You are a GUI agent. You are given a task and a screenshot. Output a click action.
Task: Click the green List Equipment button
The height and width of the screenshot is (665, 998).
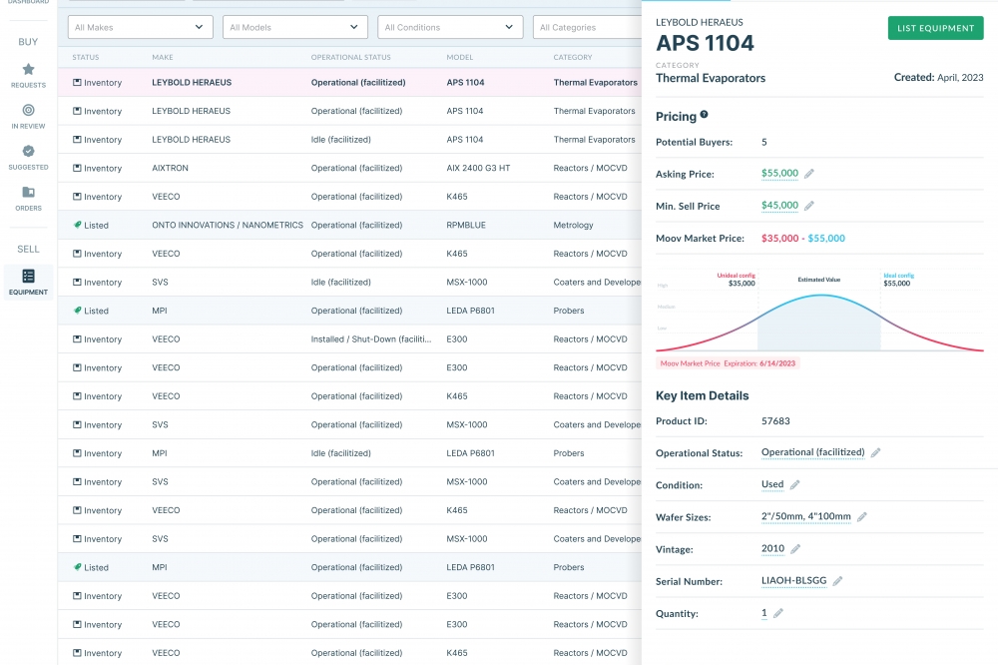tap(935, 28)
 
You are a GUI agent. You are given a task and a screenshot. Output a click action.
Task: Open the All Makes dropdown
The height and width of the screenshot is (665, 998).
tap(140, 27)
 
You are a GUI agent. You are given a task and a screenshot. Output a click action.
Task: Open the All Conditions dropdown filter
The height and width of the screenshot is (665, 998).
tap(452, 27)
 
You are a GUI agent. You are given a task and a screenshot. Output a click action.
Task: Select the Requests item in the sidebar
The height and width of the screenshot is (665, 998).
tap(28, 75)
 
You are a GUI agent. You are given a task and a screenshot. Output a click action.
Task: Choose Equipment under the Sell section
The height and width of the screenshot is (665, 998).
tap(28, 282)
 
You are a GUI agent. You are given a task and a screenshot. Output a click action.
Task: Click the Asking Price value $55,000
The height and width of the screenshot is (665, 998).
tap(779, 174)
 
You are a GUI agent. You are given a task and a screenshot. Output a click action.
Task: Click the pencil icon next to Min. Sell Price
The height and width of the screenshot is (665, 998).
tap(809, 206)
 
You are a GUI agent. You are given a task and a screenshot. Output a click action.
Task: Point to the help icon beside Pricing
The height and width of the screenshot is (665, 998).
tap(705, 116)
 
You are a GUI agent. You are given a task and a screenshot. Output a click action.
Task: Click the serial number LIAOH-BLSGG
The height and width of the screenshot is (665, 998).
tap(793, 581)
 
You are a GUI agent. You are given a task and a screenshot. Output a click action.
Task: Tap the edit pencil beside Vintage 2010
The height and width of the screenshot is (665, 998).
tap(795, 549)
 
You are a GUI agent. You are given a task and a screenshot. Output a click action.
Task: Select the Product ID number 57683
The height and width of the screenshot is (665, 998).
tap(775, 421)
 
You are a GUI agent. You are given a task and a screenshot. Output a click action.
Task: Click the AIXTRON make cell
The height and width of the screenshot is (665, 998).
tap(171, 169)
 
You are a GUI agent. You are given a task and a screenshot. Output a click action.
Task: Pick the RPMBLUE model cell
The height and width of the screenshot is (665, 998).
tap(466, 226)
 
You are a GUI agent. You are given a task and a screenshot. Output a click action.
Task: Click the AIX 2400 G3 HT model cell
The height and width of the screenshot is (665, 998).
tap(478, 169)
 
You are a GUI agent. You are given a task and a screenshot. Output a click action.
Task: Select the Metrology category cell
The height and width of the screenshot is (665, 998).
tap(574, 226)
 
